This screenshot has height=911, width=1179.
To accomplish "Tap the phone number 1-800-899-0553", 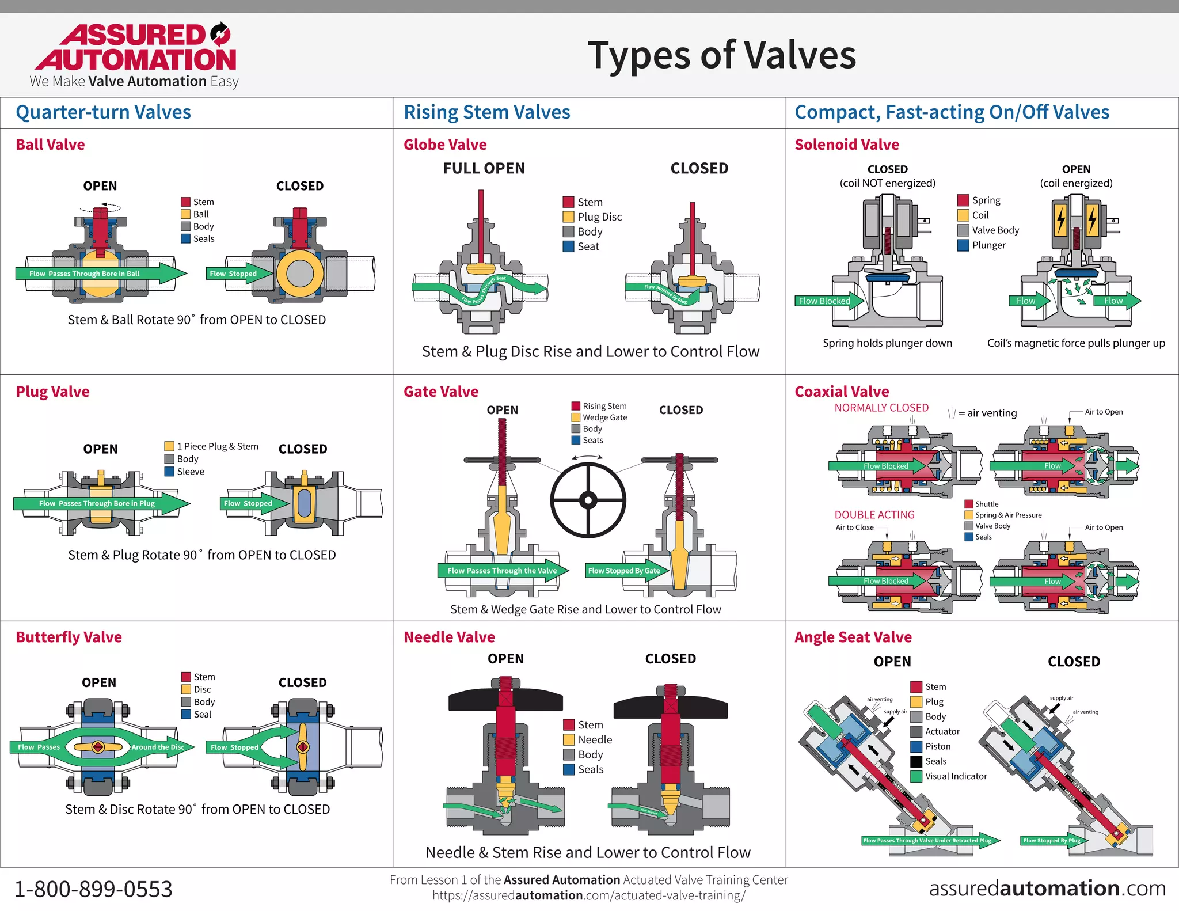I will [x=93, y=889].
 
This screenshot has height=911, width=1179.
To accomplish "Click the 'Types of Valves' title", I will [x=721, y=55].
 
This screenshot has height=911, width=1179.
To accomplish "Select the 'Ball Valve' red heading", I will [x=50, y=145].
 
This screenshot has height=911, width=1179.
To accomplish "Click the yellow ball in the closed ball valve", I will [x=299, y=274].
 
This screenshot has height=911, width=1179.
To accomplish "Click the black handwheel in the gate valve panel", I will [x=588, y=500].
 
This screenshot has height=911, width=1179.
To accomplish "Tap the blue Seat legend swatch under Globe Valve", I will [x=568, y=246].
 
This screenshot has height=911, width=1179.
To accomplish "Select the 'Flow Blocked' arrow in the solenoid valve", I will [x=829, y=301].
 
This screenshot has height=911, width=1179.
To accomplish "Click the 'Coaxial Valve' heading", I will [x=842, y=392].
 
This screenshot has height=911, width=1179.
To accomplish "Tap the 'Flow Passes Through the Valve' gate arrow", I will [x=503, y=571].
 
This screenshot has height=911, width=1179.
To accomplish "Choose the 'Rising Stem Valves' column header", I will [x=486, y=112].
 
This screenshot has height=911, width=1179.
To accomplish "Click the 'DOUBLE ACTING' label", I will [x=874, y=515].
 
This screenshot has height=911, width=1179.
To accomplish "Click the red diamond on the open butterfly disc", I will [x=98, y=747].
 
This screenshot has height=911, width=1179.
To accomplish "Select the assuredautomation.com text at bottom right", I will [x=1047, y=888].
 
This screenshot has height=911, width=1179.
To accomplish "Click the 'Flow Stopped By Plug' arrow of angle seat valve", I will [x=1052, y=841].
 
